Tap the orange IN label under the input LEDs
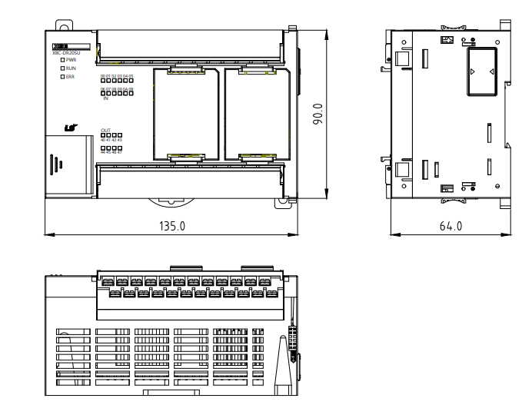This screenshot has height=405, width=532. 105,98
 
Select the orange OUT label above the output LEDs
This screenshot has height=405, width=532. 106,130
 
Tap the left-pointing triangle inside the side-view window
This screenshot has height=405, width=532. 472,71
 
